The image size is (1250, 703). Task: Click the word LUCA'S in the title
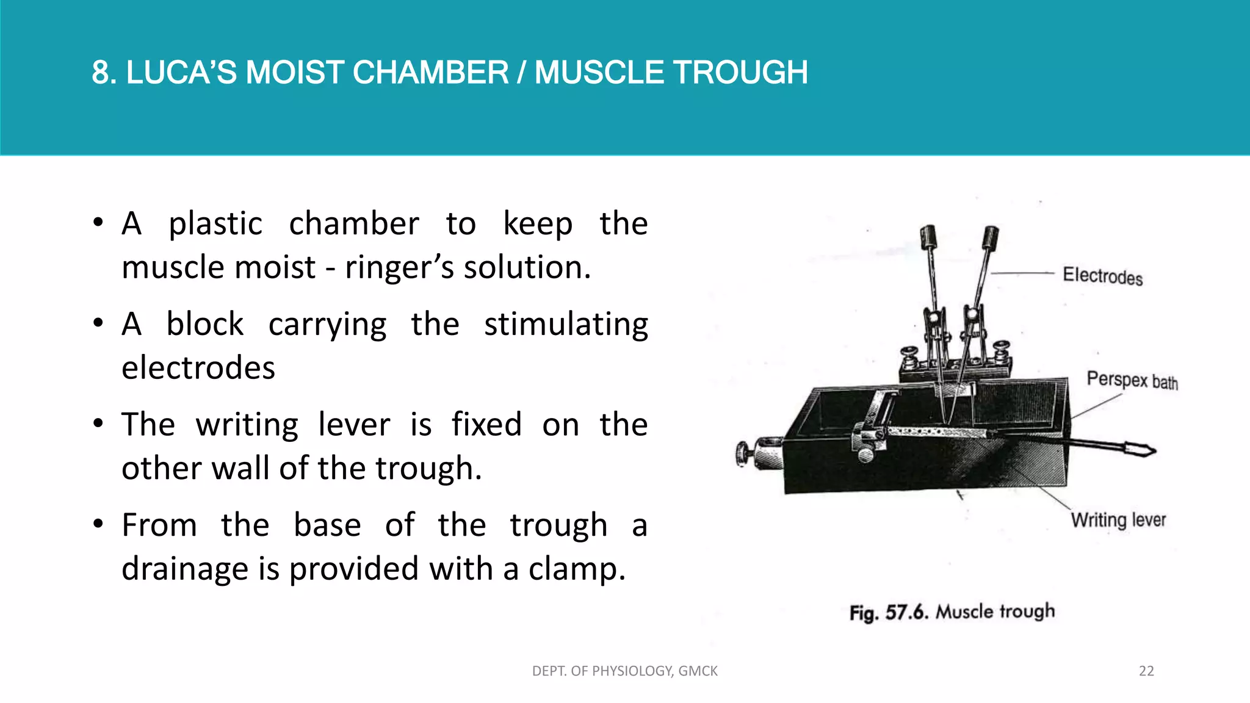(x=181, y=73)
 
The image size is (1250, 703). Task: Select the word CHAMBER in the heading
(x=430, y=73)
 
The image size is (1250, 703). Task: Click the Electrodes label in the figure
(x=1102, y=276)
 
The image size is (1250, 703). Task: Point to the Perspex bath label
(x=1132, y=380)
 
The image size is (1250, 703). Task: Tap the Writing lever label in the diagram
(x=1118, y=520)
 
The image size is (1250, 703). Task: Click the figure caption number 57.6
(x=906, y=612)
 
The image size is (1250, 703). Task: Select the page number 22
(x=1146, y=671)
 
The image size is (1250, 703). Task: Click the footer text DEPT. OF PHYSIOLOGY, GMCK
(x=625, y=671)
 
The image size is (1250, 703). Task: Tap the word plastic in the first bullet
(x=215, y=224)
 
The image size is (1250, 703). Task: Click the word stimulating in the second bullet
(x=566, y=324)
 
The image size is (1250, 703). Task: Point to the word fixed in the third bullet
(x=486, y=425)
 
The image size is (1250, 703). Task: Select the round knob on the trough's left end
(x=743, y=455)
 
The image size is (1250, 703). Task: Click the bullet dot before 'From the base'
(x=98, y=524)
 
